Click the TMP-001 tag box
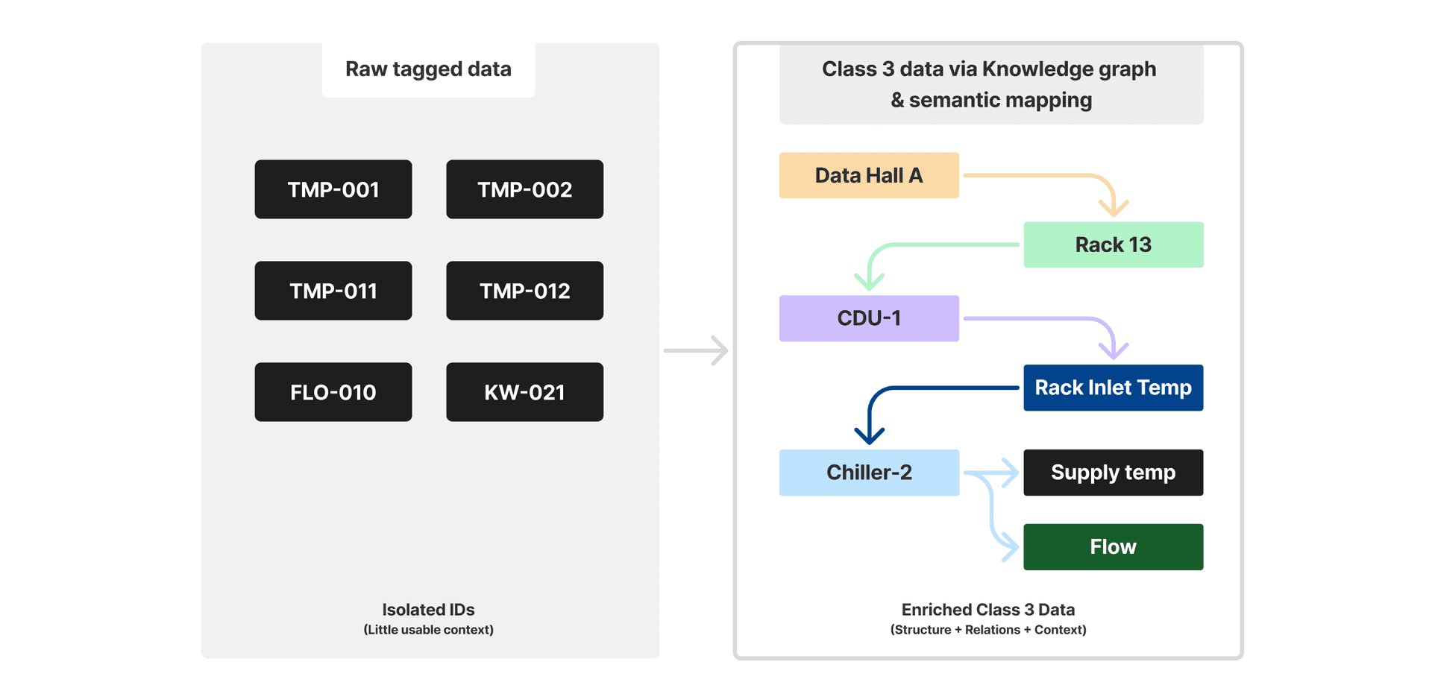coord(333,189)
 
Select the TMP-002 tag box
coord(524,189)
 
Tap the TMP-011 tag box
coord(333,291)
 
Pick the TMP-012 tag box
coord(524,291)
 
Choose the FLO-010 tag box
coord(333,392)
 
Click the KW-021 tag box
coord(524,392)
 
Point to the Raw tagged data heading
coord(428,69)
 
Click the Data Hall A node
coord(869,175)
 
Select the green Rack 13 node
coord(1113,244)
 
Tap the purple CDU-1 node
coord(869,318)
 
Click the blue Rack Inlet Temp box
coord(1113,388)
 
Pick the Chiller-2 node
coord(869,473)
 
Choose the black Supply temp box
coord(1113,473)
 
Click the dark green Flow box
coord(1113,547)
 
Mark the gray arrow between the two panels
coord(695,350)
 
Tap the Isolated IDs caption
coord(428,610)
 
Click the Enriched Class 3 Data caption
coord(987,610)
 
